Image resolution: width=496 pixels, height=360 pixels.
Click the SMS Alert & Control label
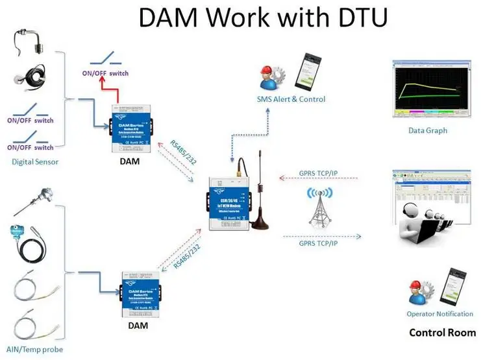pyautogui.click(x=291, y=99)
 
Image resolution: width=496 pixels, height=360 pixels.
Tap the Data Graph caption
pyautogui.click(x=427, y=130)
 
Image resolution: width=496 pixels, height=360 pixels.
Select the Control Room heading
pyautogui.click(x=442, y=333)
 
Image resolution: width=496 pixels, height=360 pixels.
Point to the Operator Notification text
pyautogui.click(x=440, y=314)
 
